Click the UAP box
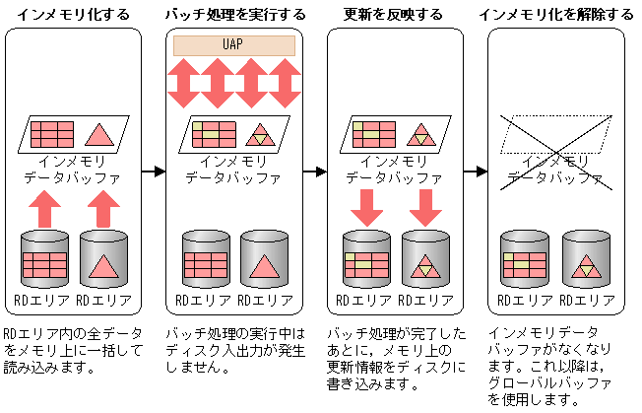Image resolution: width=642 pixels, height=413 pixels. (233, 45)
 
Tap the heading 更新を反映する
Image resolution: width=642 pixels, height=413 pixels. (394, 14)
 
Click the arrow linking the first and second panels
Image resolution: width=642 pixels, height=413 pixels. (152, 172)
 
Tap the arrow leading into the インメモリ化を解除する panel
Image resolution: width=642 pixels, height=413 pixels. (476, 172)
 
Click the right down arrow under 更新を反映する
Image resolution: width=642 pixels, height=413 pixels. (425, 206)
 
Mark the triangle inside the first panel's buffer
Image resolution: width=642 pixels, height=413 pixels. (99, 134)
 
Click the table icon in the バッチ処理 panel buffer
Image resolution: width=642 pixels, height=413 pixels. (212, 134)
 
